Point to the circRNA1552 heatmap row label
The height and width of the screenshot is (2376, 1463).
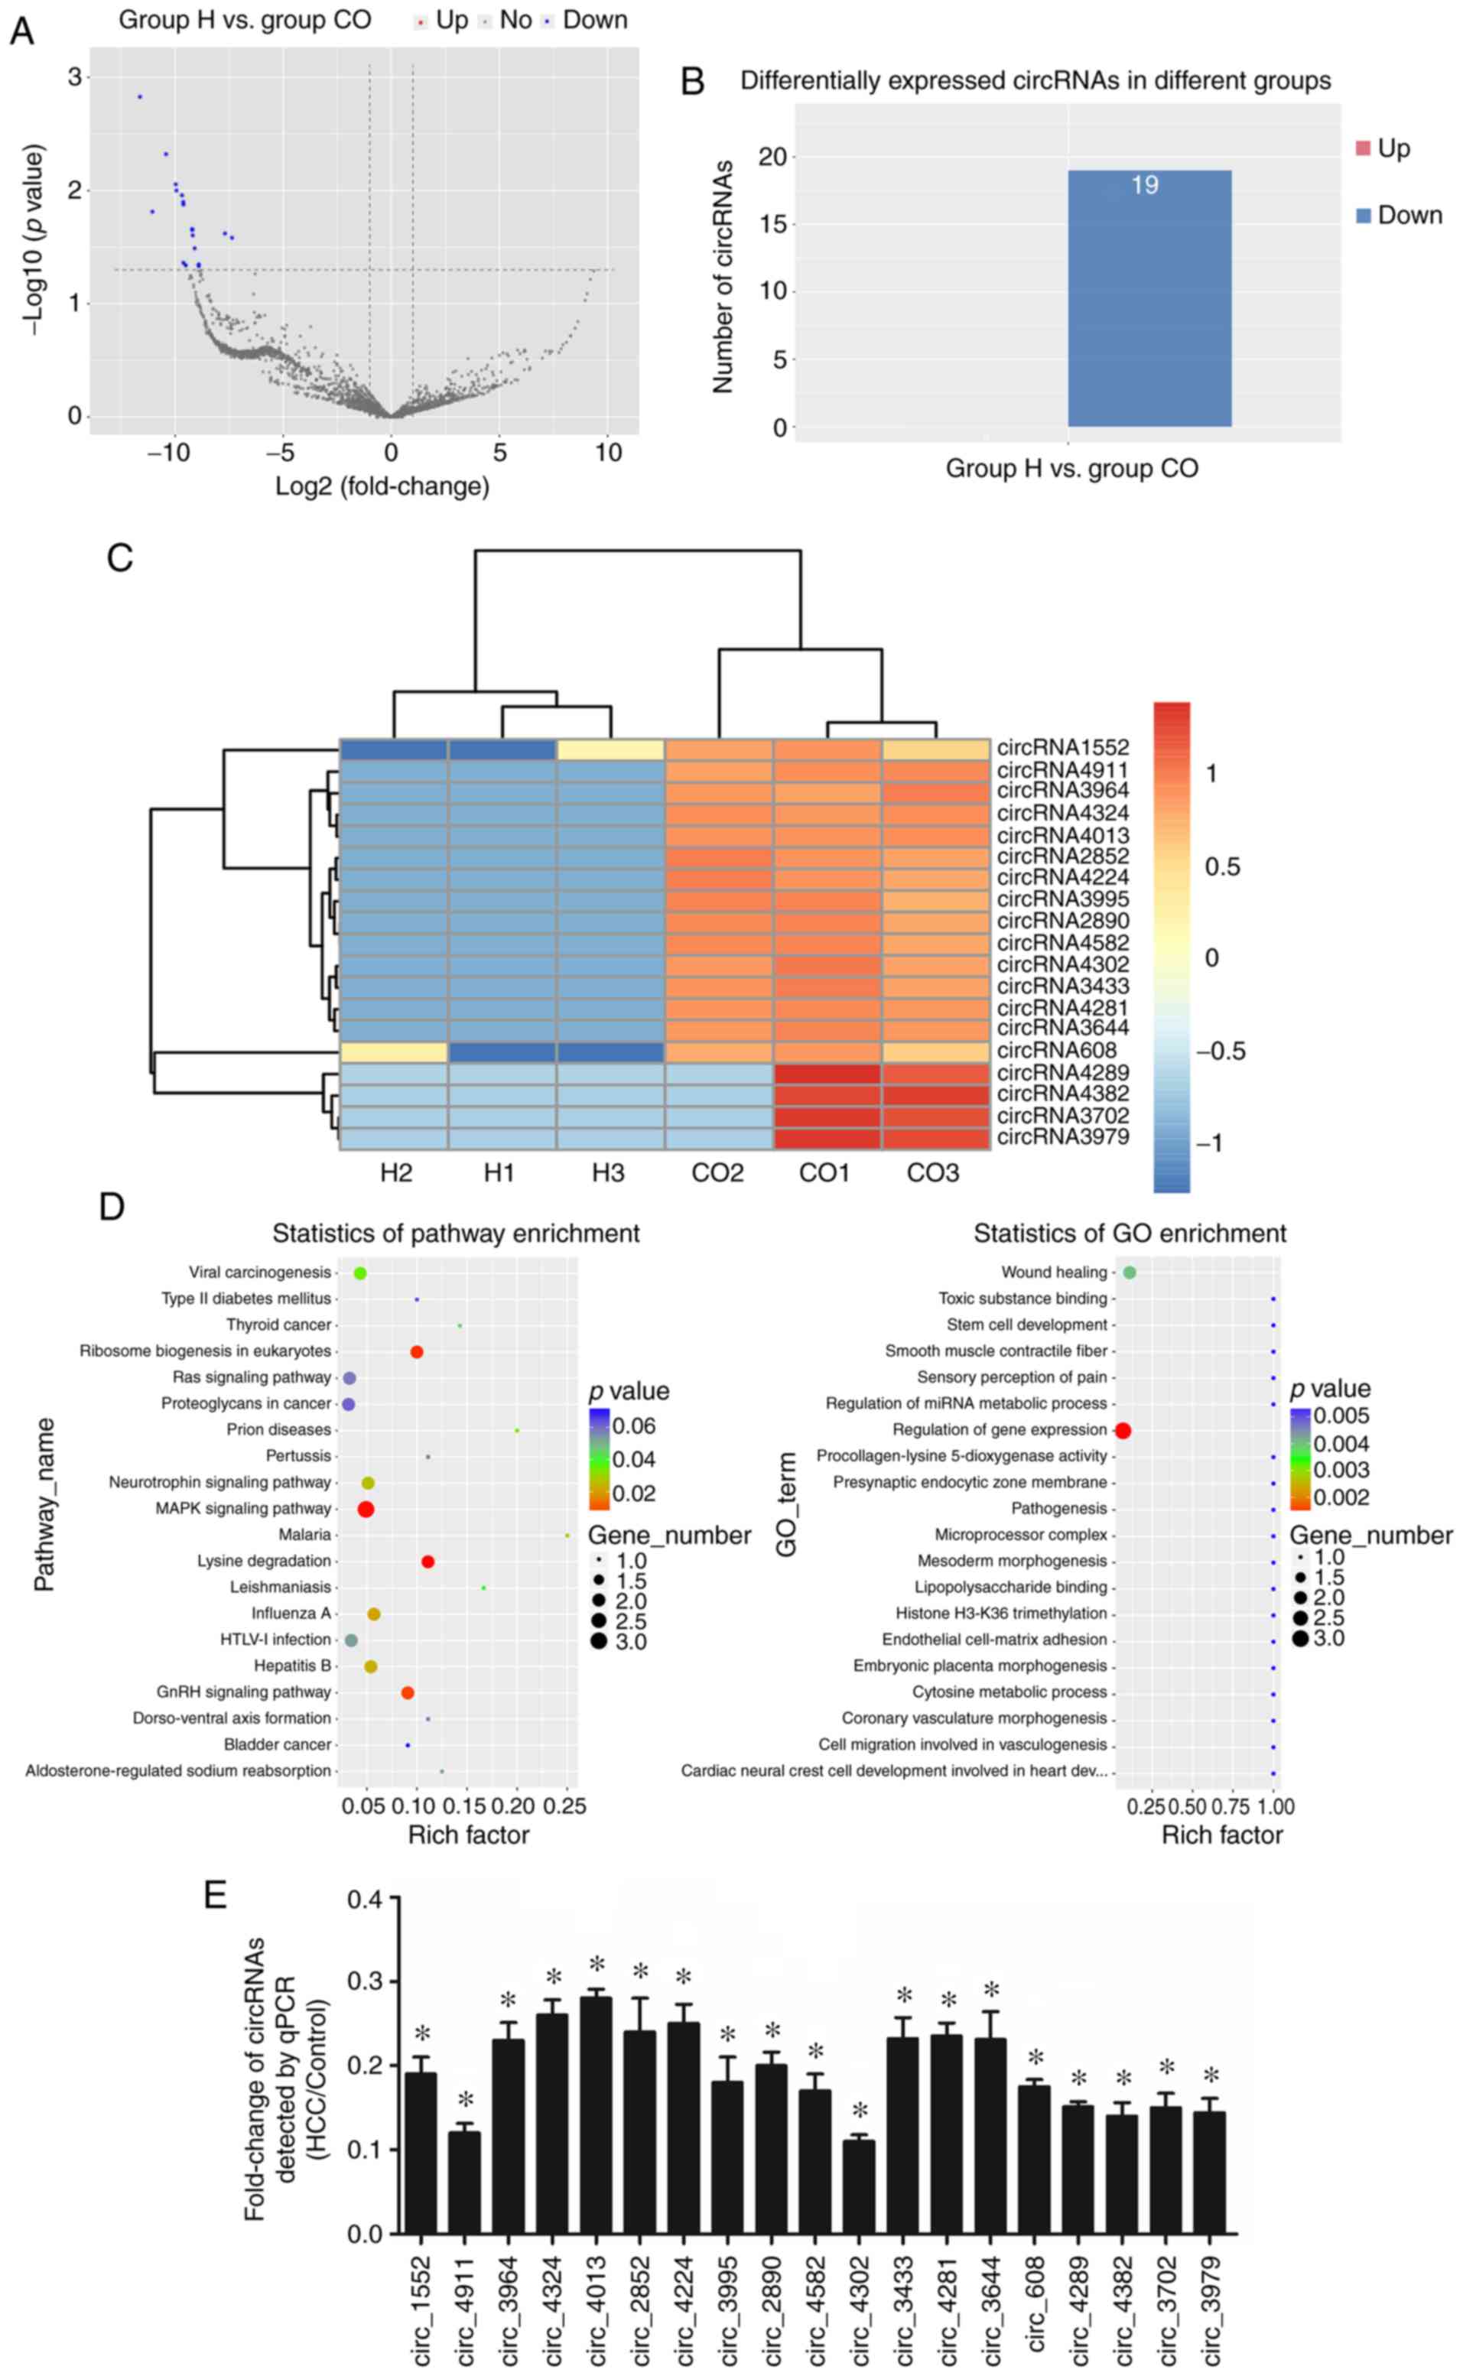click(1062, 748)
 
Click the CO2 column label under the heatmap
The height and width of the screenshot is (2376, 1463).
click(717, 1174)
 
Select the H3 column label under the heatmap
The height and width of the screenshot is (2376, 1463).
click(608, 1174)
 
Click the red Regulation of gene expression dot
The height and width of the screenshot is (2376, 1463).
click(1123, 1430)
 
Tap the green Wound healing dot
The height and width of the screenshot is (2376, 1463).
click(1130, 1273)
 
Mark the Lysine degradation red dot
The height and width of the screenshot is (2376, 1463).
click(428, 1562)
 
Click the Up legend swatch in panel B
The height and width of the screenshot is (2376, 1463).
click(1362, 148)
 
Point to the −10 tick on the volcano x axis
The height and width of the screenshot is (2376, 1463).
click(169, 453)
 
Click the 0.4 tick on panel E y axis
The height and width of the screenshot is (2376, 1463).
click(364, 1899)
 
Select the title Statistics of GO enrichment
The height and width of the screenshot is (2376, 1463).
click(1130, 1234)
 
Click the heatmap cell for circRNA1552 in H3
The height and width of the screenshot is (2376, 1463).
click(610, 749)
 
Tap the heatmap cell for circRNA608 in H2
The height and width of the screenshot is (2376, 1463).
click(394, 1051)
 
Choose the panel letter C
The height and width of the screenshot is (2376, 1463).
click(119, 559)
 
